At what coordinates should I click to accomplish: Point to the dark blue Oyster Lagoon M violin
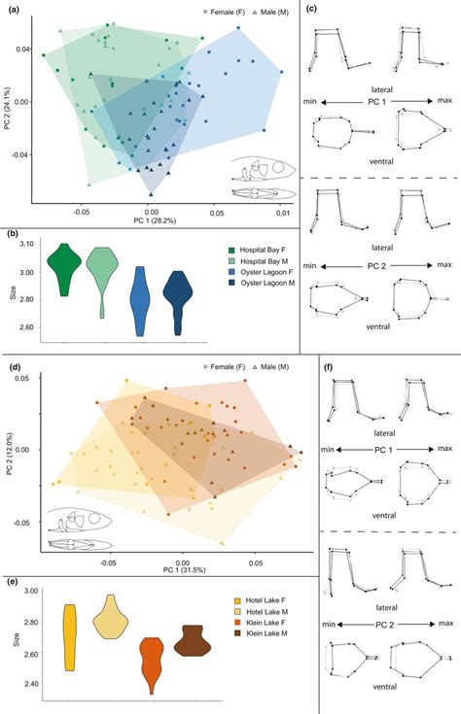pyautogui.click(x=178, y=302)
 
